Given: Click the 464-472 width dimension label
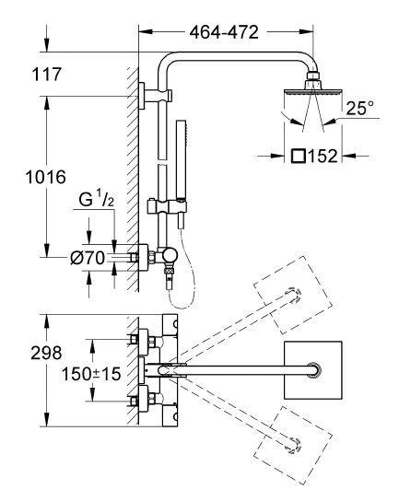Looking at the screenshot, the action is pyautogui.click(x=224, y=32).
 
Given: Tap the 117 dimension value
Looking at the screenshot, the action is pyautogui.click(x=46, y=74).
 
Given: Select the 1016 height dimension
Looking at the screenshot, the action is pyautogui.click(x=45, y=177).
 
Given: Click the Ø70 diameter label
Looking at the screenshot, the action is pyautogui.click(x=88, y=258).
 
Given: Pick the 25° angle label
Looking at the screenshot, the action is pyautogui.click(x=360, y=108).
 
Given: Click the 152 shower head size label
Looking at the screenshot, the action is pyautogui.click(x=323, y=157).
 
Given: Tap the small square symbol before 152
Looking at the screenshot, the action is pyautogui.click(x=299, y=157).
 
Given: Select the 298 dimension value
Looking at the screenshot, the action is pyautogui.click(x=46, y=353).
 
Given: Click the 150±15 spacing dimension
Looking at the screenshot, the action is pyautogui.click(x=91, y=374).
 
